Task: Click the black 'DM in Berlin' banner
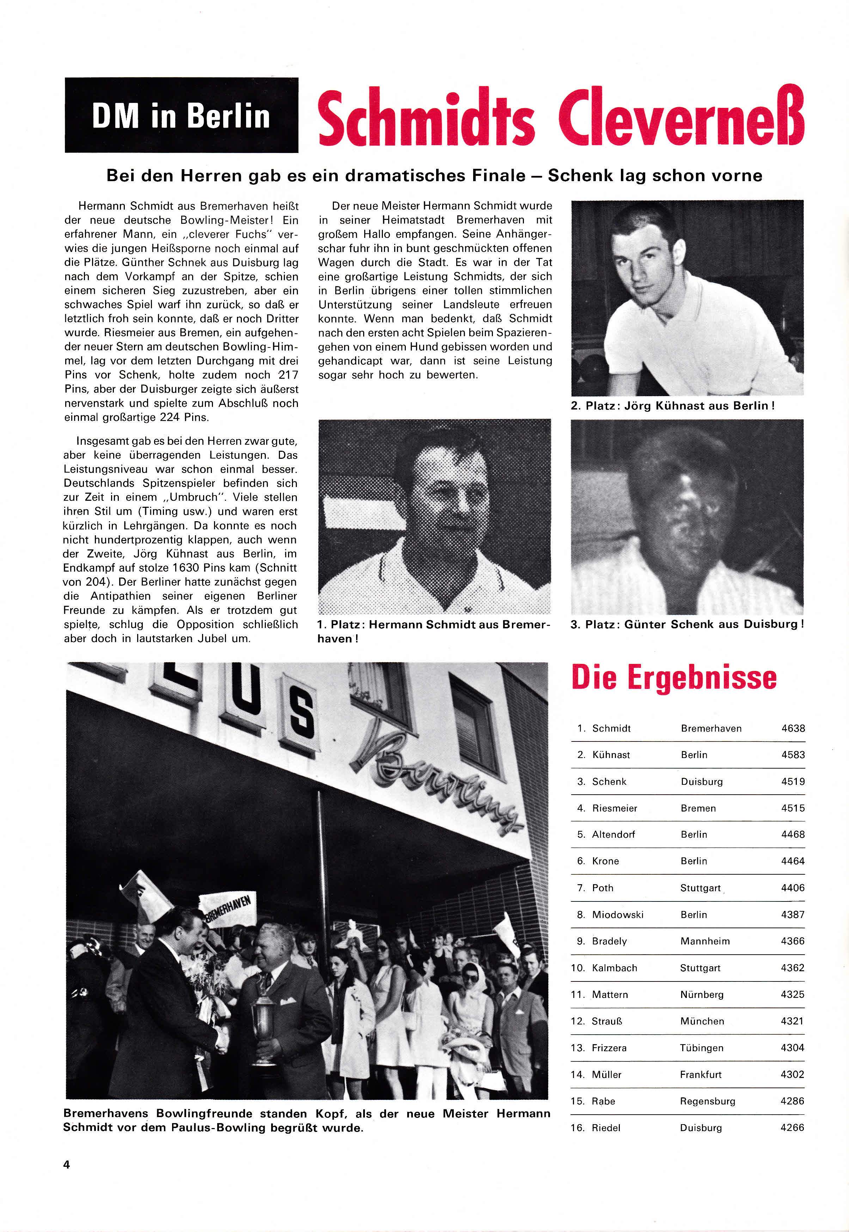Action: pyautogui.click(x=181, y=115)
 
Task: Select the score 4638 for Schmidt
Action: pyautogui.click(x=793, y=728)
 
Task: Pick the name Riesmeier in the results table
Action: pyautogui.click(x=615, y=808)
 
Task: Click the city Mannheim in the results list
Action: pyautogui.click(x=705, y=941)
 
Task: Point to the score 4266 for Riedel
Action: pyautogui.click(x=792, y=1128)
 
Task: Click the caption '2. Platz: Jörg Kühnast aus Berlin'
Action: pyautogui.click(x=672, y=406)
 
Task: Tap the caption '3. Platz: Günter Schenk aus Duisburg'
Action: pyautogui.click(x=686, y=624)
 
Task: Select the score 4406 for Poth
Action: pyautogui.click(x=793, y=888)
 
